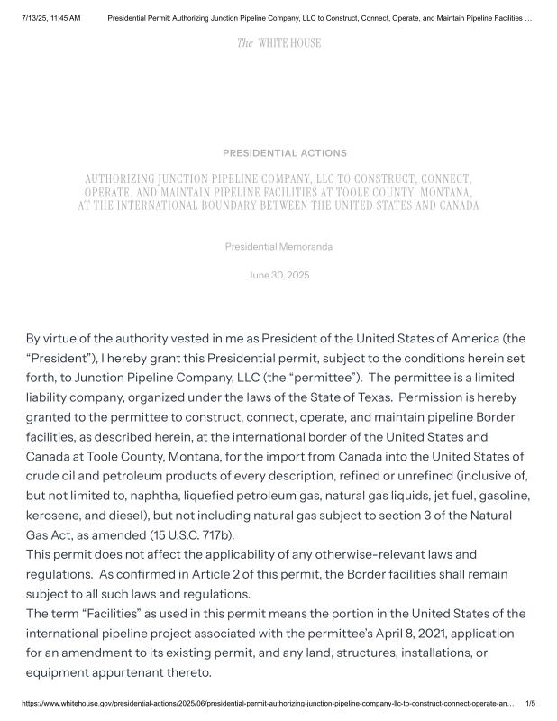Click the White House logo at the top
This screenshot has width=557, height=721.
pos(278,43)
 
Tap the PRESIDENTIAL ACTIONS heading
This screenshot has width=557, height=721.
pos(284,153)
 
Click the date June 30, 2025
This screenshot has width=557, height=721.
pos(278,275)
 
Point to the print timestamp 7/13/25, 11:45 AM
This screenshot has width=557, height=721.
pos(50,18)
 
